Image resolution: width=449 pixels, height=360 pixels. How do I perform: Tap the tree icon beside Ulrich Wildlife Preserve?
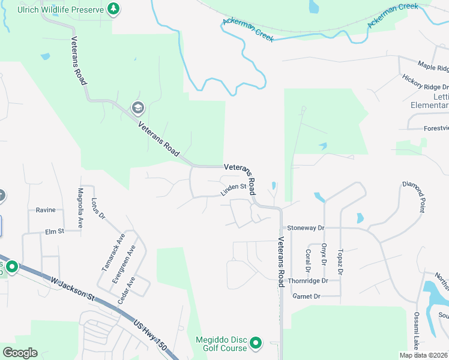pos(113,8)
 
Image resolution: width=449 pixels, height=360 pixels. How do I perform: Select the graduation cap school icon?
pos(137,108)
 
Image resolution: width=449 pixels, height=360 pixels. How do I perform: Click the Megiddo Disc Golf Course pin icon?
pos(256,344)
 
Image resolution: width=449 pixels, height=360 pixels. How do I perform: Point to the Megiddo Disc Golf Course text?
pos(221,344)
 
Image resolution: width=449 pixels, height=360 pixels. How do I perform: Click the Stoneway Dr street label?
pos(305,228)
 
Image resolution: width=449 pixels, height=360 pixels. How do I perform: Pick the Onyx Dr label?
pos(324,254)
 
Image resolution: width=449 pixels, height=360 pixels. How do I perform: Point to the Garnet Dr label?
pos(306,296)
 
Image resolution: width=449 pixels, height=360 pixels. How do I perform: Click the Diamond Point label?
pos(414,197)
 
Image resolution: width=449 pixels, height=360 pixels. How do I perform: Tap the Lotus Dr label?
pos(98,208)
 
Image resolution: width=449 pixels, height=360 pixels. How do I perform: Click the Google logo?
pos(20,353)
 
